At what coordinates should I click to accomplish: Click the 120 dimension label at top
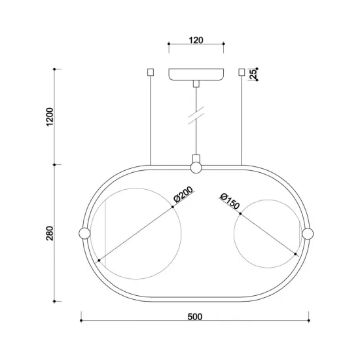pos(195,40)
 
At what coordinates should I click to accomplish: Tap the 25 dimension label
pos(253,74)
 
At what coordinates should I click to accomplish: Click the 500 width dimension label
pos(194,317)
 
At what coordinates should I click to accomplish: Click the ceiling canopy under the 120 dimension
pos(195,74)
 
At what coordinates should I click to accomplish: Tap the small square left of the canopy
pos(151,71)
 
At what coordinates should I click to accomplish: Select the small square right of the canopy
pos(241,71)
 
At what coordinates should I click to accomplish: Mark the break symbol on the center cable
pos(195,116)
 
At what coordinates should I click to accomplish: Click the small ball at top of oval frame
pos(195,168)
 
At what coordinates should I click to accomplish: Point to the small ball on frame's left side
pos(84,233)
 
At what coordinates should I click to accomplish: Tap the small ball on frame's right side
pos(307,233)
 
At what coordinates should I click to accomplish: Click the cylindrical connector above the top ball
pos(195,158)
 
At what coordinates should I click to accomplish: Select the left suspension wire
pos(151,118)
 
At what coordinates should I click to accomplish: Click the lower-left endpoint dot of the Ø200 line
pos(98,261)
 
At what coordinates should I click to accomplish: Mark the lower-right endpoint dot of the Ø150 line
pos(296,257)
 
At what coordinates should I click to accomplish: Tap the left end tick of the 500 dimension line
pos(81,321)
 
